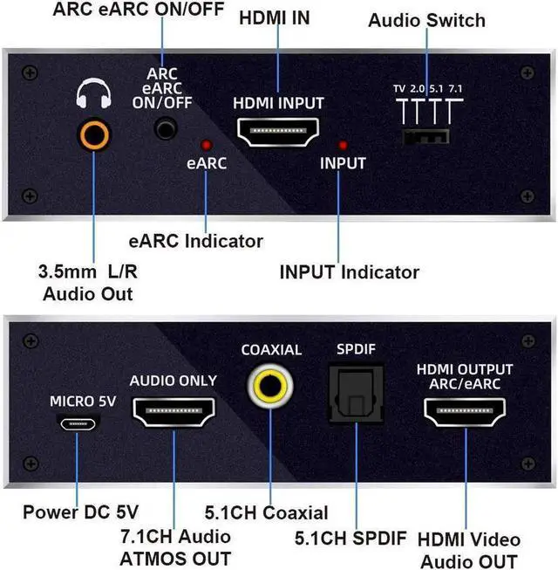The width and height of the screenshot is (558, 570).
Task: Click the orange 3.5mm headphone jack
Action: tap(93, 135)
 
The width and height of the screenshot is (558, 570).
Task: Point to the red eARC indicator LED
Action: tap(207, 144)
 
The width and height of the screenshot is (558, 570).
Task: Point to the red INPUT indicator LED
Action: tap(343, 144)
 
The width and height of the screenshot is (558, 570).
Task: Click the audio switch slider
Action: tap(426, 135)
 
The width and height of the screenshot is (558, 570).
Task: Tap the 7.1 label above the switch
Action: tap(455, 89)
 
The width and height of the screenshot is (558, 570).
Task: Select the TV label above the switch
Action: tap(399, 89)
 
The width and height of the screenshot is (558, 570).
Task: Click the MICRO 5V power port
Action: tap(79, 422)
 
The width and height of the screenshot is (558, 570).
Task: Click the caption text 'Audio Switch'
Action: tap(426, 20)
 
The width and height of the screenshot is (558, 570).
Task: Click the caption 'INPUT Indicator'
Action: tap(349, 272)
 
